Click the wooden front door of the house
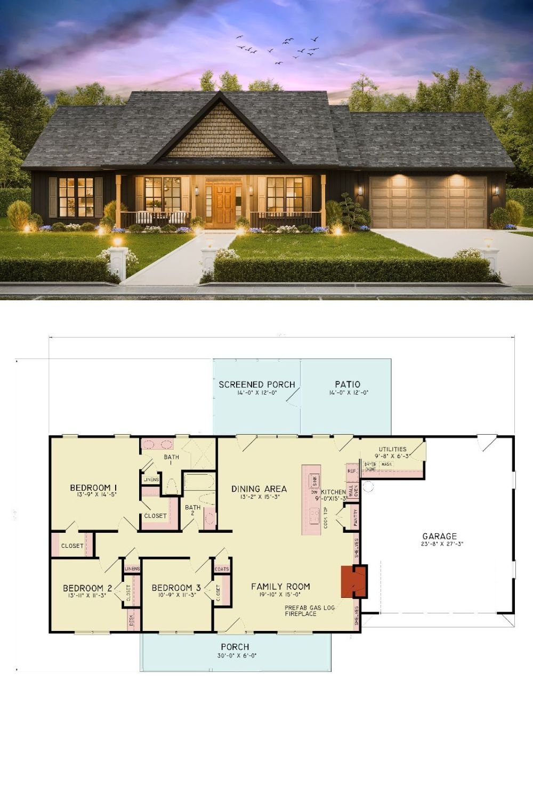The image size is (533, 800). [x=223, y=203]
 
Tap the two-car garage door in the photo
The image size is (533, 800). [x=428, y=203]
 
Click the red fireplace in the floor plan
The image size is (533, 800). [x=354, y=581]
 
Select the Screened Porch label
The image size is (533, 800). [x=257, y=385]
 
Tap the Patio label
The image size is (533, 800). [x=348, y=385]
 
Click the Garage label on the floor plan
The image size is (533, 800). [x=440, y=537]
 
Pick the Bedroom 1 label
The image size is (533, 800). [x=94, y=488]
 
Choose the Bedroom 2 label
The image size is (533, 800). [x=87, y=588]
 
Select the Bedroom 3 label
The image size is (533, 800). [x=176, y=588]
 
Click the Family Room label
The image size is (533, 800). [x=280, y=587]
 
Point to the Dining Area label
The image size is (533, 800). [x=259, y=489]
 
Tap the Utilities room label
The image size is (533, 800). [x=393, y=450]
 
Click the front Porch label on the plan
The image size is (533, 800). [x=235, y=647]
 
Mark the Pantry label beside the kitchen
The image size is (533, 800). [x=356, y=517]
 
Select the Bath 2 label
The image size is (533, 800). [x=192, y=510]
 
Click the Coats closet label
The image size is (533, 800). [x=222, y=569]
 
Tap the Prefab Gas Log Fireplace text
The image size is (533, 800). [x=309, y=611]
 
